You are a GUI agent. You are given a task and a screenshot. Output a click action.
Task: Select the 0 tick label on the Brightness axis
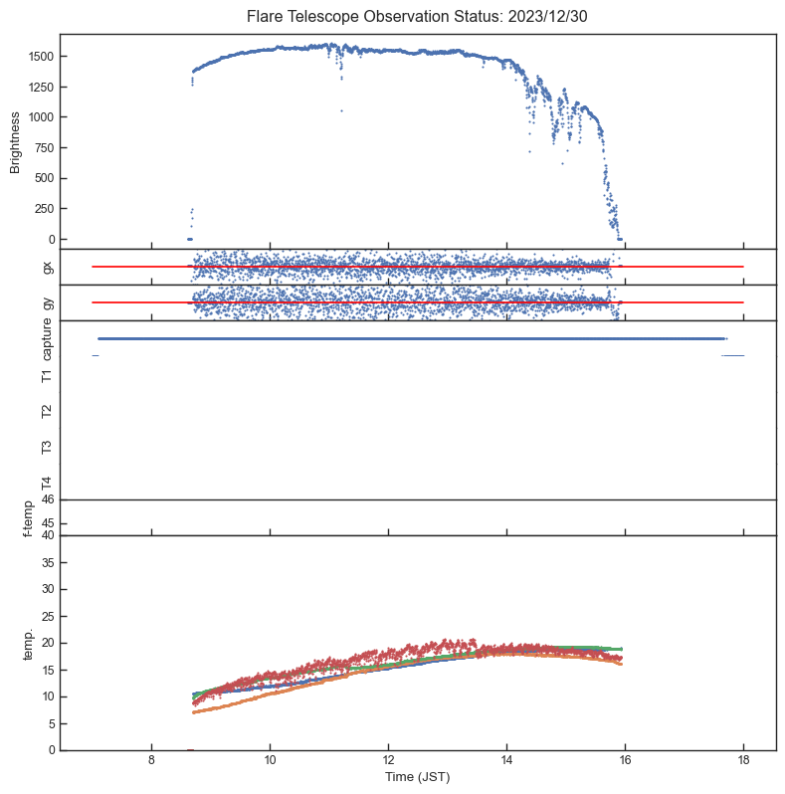pyautogui.click(x=51, y=240)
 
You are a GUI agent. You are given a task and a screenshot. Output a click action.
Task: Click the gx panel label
pyautogui.click(x=47, y=267)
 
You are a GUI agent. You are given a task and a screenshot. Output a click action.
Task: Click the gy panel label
pyautogui.click(x=47, y=302)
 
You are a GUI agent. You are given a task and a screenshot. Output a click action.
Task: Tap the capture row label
pyautogui.click(x=47, y=339)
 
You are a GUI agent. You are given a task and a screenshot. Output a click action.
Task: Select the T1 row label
pyautogui.click(x=47, y=375)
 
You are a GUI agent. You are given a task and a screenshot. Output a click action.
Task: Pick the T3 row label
pyautogui.click(x=47, y=447)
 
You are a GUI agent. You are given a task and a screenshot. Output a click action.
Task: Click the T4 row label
pyautogui.click(x=47, y=483)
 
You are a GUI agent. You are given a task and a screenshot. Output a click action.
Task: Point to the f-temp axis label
pyautogui.click(x=27, y=517)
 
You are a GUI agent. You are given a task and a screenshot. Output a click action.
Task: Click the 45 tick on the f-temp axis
pyautogui.click(x=47, y=523)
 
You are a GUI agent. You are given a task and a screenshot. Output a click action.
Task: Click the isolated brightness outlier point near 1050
pyautogui.click(x=341, y=110)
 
